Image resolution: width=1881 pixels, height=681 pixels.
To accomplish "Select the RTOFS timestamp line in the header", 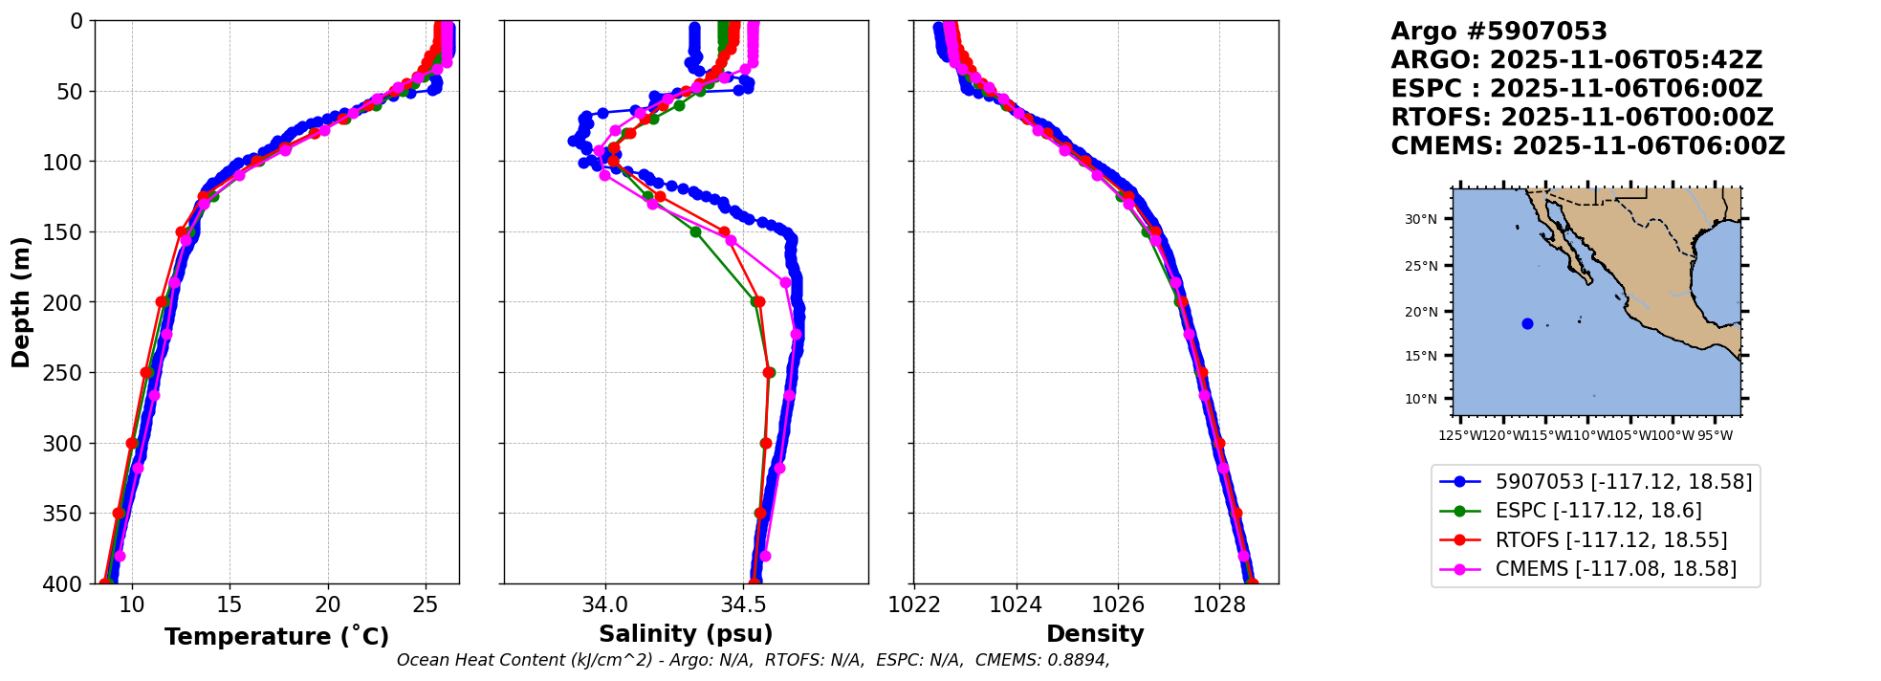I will point(1582,118).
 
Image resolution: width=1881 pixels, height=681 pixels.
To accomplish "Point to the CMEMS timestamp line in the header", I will point(1587,146).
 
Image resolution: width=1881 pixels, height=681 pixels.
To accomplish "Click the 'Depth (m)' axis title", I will point(21,301).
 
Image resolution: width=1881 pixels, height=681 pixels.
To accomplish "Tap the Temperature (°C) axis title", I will point(276,636).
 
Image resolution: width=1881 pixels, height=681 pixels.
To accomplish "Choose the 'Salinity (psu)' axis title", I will point(686,634).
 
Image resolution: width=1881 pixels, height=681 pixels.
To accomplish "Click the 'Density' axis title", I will point(1095,634).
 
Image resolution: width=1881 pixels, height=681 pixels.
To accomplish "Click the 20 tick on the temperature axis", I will point(327,604).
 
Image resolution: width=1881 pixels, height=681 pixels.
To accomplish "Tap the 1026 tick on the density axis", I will point(1118,604).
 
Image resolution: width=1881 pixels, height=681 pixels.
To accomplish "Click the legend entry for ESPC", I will point(1598,511).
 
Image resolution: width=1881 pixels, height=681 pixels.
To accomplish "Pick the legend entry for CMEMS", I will point(1615,569).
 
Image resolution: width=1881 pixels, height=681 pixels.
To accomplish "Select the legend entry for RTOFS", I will point(1610,540).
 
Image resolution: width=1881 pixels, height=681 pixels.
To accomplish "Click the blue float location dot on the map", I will point(1527,324).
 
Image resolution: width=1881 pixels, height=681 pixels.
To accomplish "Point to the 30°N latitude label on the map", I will point(1420,220).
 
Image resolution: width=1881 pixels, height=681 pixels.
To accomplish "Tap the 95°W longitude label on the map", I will point(1715,436).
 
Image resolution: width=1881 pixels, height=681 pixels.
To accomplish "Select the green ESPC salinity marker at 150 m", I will point(695,231).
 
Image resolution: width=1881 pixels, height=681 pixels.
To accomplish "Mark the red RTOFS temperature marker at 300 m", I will point(132,443).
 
